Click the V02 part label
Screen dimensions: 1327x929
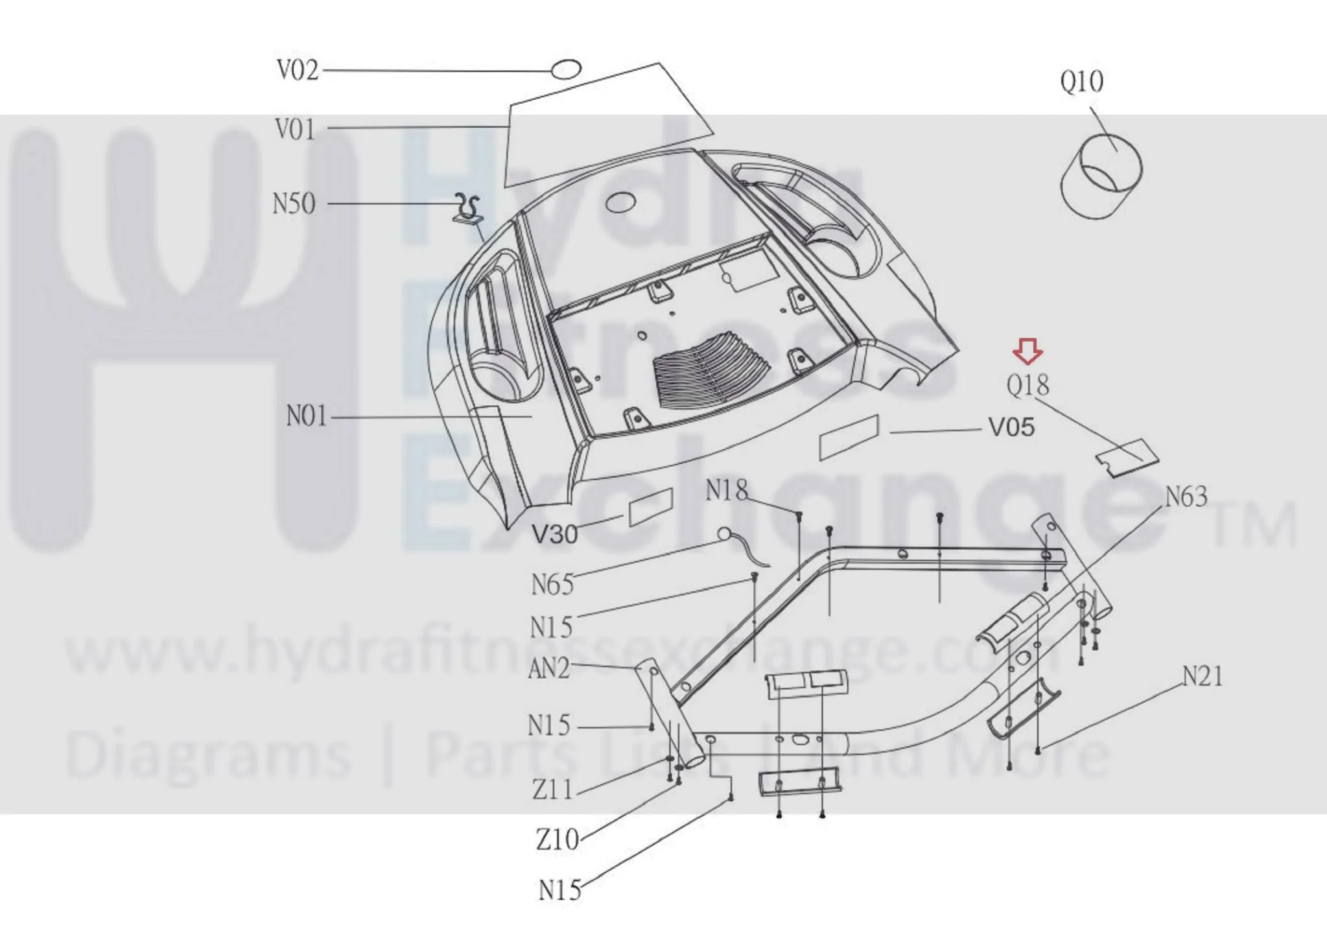click(x=298, y=70)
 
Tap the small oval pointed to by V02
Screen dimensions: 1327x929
click(x=566, y=69)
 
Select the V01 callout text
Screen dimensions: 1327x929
click(x=296, y=129)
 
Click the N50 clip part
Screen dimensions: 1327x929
click(x=467, y=208)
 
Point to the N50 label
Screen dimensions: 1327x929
click(x=294, y=204)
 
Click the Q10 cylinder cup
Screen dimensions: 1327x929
click(x=1101, y=175)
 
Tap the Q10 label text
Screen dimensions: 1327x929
click(x=1081, y=82)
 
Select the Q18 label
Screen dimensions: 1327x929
click(x=1028, y=386)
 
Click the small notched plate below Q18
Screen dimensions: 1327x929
click(x=1127, y=458)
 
